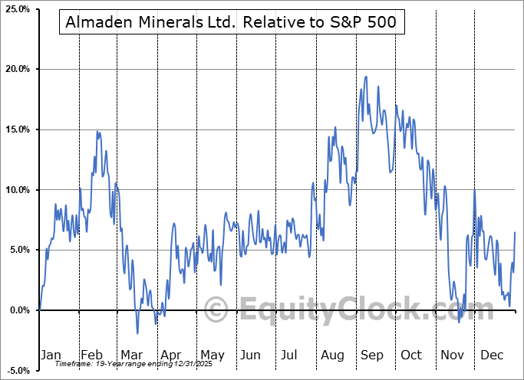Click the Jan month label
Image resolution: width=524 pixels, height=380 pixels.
pyautogui.click(x=50, y=355)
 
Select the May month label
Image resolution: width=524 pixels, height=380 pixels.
pyautogui.click(x=212, y=355)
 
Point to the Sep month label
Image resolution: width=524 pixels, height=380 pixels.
pyautogui.click(x=372, y=355)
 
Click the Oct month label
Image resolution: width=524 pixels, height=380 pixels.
pyautogui.click(x=411, y=355)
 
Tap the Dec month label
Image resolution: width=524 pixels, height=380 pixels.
pyautogui.click(x=491, y=355)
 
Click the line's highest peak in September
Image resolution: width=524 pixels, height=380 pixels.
pyautogui.click(x=366, y=77)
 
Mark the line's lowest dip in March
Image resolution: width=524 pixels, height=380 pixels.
pyautogui.click(x=137, y=333)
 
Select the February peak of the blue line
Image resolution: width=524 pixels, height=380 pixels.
pyautogui.click(x=97, y=132)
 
